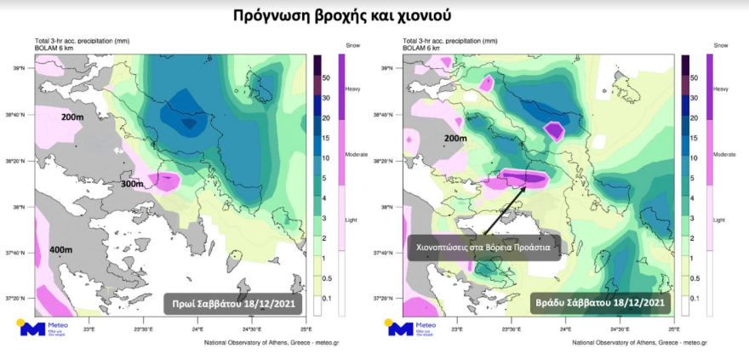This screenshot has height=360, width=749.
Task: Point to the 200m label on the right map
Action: [x=455, y=138]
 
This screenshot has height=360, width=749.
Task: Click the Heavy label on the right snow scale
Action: [x=720, y=89]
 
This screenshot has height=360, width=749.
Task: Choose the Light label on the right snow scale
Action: [x=718, y=219]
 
